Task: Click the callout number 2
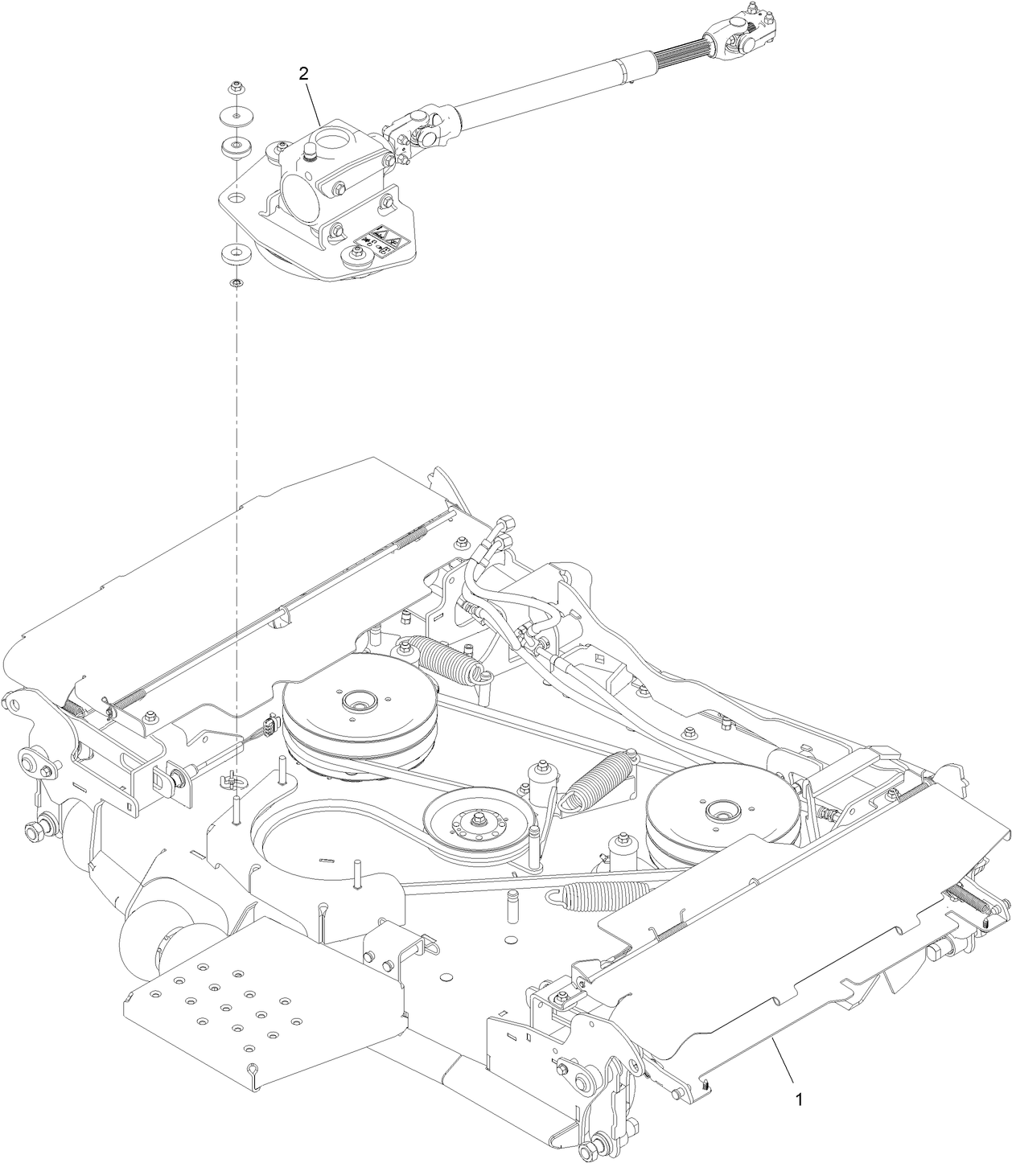303,73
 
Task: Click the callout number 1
798,1099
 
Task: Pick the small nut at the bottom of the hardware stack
236,283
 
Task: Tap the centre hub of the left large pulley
358,701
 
